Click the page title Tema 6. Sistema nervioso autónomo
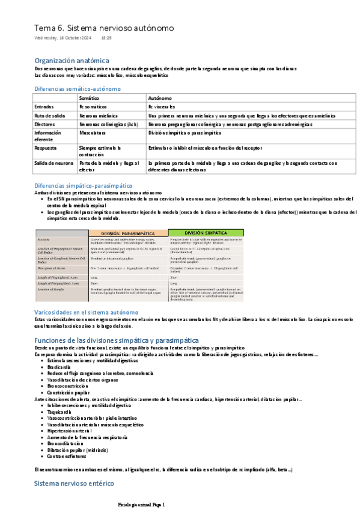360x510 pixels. pyautogui.click(x=104, y=28)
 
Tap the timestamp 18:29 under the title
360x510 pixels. pyautogui.click(x=106, y=38)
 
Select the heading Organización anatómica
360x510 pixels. pyautogui.click(x=72, y=61)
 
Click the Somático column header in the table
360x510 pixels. pyautogui.click(x=90, y=97)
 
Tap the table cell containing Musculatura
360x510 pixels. pyautogui.click(x=93, y=132)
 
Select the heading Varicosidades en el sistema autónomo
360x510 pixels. pyautogui.click(x=86, y=312)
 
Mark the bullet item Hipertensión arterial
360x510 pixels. pyautogui.click(x=69, y=431)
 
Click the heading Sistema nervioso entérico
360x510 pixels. pyautogui.click(x=74, y=483)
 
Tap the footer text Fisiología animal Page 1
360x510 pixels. pyautogui.click(x=141, y=504)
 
